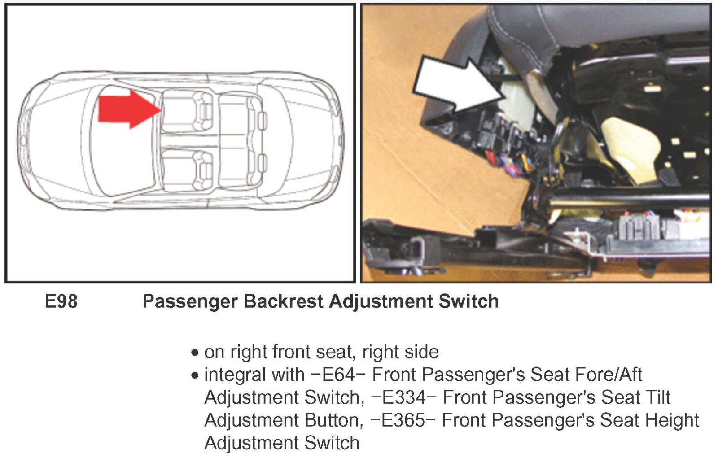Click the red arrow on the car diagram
[x=128, y=109]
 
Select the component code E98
[x=61, y=301]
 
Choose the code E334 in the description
[x=404, y=397]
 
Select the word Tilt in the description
[x=657, y=397]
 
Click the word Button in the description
[x=334, y=420]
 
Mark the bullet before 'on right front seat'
[x=195, y=353]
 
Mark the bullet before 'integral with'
[x=195, y=375]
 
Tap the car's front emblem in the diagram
[x=23, y=140]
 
